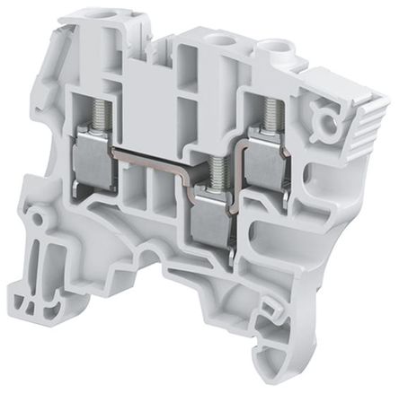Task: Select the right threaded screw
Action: (268, 112)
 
